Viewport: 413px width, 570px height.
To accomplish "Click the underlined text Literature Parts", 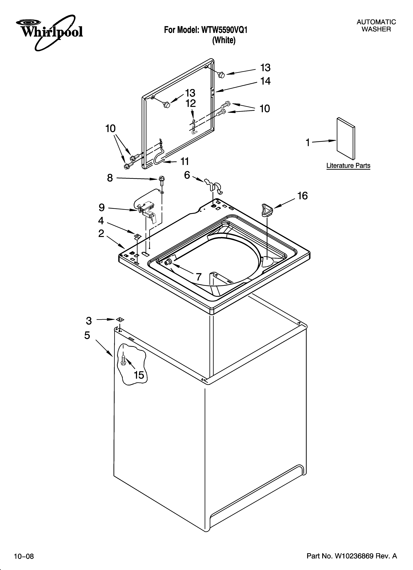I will pyautogui.click(x=348, y=166).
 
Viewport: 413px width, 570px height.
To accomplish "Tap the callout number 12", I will pyautogui.click(x=191, y=103).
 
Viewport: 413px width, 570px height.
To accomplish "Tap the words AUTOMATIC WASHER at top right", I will pyautogui.click(x=376, y=26).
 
